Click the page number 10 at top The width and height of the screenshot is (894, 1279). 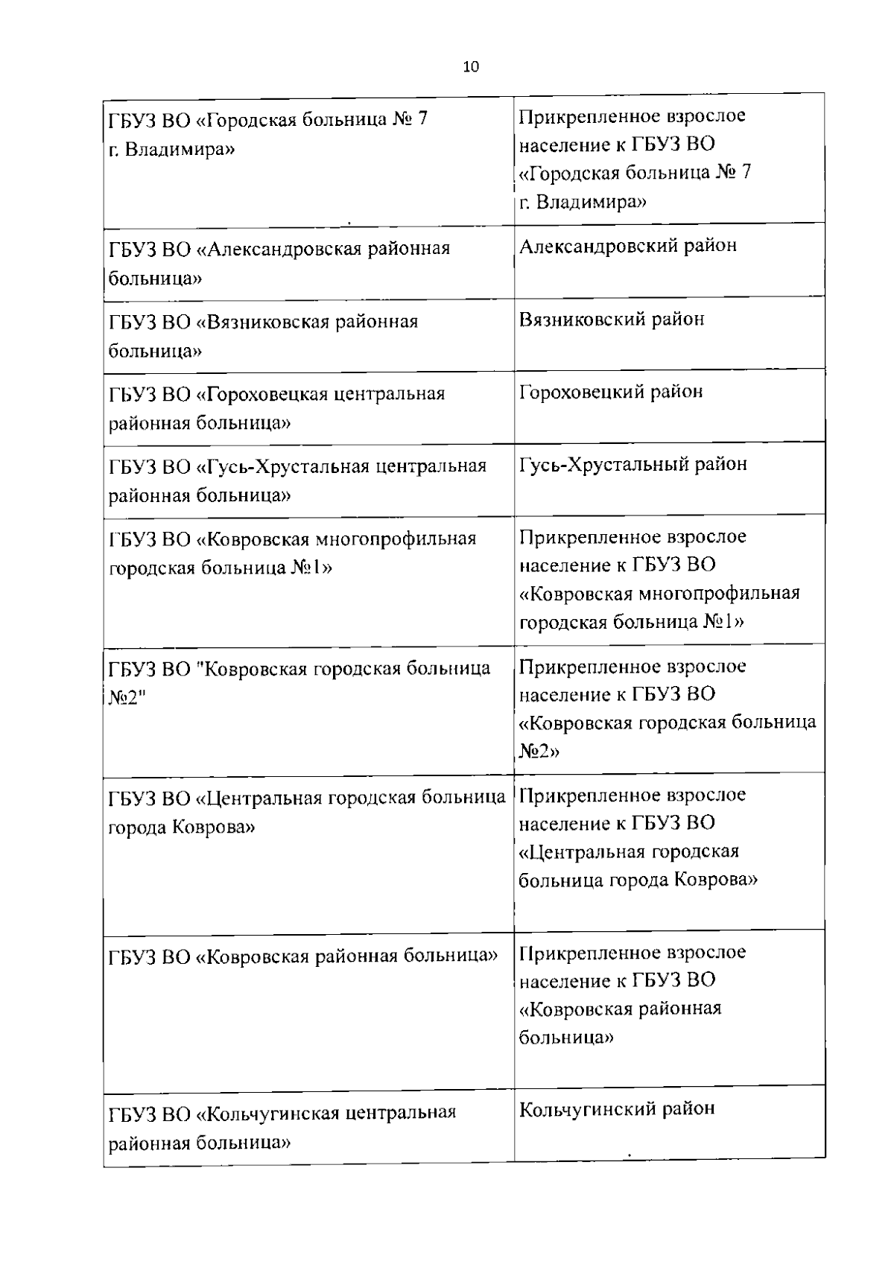coord(471,67)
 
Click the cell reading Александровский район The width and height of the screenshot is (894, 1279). coord(628,246)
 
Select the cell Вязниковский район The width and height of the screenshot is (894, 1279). coord(612,320)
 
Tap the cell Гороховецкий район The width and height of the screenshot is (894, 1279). coord(611,392)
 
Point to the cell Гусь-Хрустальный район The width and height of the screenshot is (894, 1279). coord(633,465)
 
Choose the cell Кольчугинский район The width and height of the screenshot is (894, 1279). coord(617,1108)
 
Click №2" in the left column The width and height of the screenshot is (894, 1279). coord(124,698)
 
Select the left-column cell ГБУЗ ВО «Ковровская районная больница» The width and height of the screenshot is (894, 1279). coord(302,956)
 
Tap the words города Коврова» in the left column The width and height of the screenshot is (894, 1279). coord(182,828)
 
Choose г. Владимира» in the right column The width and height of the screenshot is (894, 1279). coord(583,202)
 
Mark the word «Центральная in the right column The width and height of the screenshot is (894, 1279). coord(582,852)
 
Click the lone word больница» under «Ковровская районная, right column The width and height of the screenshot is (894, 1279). coord(566,1037)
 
